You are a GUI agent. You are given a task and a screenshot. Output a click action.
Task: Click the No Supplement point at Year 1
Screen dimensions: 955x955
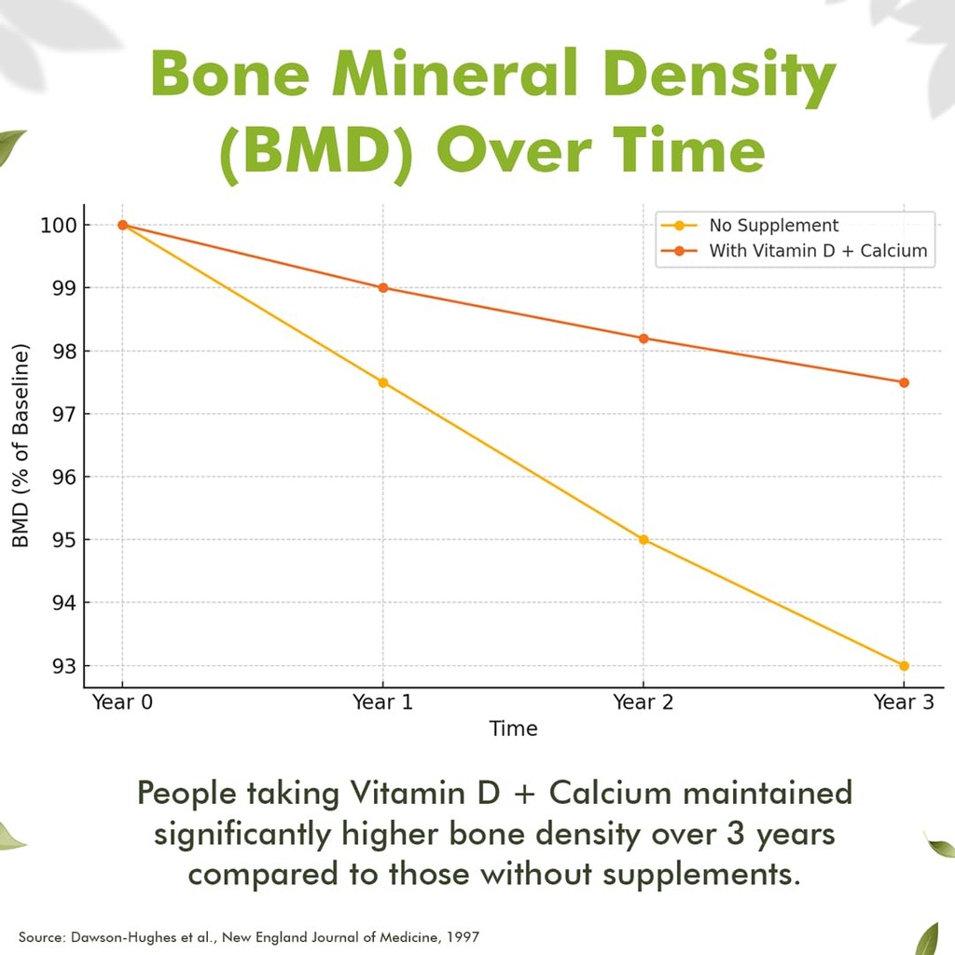pos(383,382)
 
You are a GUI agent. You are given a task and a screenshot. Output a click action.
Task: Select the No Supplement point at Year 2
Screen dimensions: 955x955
pos(644,540)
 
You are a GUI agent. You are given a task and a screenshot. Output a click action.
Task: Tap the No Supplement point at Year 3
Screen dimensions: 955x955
pos(904,666)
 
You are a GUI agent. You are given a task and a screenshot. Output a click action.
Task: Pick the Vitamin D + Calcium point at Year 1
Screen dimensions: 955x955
pos(383,287)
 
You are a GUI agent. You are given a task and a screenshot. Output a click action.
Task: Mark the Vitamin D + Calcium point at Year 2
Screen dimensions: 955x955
pos(644,338)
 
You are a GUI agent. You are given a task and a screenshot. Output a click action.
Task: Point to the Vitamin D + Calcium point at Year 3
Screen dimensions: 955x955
pos(904,382)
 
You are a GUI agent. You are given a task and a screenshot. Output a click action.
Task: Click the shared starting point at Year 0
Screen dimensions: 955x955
pos(122,225)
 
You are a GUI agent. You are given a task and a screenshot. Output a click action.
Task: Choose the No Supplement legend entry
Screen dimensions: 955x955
pos(750,226)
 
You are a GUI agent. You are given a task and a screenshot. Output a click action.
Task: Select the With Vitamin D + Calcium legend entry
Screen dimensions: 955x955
pos(795,250)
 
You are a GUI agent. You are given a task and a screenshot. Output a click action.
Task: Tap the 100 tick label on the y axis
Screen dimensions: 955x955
pos(59,226)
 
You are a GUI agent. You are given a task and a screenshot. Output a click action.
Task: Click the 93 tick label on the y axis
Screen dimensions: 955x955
pos(64,666)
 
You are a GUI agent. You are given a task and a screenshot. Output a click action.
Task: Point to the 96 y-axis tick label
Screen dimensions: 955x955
pos(64,477)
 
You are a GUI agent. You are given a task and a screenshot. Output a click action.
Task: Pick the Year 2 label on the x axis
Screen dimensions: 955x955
pos(644,702)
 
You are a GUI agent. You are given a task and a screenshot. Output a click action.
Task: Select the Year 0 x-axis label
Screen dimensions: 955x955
pos(122,702)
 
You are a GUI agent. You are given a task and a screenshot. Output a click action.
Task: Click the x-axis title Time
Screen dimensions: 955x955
pos(514,728)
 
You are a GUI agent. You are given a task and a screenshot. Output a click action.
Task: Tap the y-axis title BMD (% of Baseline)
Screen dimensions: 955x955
pos(21,446)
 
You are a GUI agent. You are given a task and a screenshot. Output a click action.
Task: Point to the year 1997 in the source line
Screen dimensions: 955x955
pos(464,936)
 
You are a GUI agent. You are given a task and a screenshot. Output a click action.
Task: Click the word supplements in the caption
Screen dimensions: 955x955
pos(701,875)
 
